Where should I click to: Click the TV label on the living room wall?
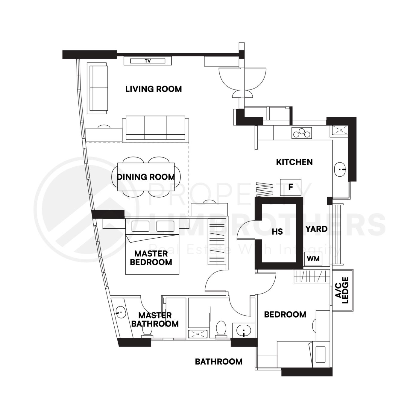click(x=148, y=61)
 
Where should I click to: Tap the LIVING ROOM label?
click(x=153, y=89)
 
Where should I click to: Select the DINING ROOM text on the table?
click(x=146, y=177)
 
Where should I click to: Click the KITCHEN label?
click(x=294, y=162)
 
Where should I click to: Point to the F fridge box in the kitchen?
click(x=290, y=187)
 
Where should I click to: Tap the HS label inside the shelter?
click(x=277, y=231)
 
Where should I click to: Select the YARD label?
click(x=316, y=229)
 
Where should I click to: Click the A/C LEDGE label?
click(x=342, y=290)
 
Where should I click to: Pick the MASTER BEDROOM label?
click(x=151, y=258)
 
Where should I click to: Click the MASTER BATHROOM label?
click(x=155, y=319)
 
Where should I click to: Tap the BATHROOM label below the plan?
click(x=218, y=362)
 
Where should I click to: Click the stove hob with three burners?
click(x=302, y=133)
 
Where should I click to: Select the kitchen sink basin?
click(x=340, y=169)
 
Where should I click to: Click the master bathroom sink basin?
click(x=121, y=313)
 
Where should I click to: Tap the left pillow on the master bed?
click(x=140, y=226)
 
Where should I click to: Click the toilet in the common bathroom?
click(x=221, y=329)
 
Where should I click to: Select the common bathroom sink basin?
click(x=244, y=331)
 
